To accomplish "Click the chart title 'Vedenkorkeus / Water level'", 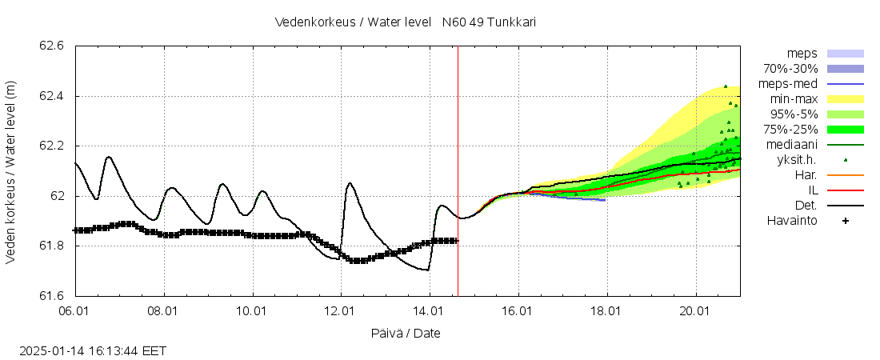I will click(x=353, y=22).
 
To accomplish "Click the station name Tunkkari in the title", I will click(x=509, y=22).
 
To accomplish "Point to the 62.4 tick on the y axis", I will click(x=52, y=97).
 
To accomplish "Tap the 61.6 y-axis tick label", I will click(x=52, y=296).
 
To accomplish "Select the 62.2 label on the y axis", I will click(x=52, y=146).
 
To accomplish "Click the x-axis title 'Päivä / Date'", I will click(x=405, y=333).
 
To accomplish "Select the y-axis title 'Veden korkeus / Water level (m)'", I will click(x=11, y=171).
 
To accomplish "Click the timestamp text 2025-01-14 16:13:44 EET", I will click(x=93, y=350).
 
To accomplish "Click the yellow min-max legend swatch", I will click(x=845, y=99).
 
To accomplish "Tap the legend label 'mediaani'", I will click(x=791, y=145).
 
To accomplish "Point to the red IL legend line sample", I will click(x=845, y=190).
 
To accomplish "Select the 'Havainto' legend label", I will click(x=792, y=221).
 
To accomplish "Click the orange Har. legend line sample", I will click(x=845, y=175).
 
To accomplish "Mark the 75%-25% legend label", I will click(x=789, y=130).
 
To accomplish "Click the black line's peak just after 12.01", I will click(x=350, y=183).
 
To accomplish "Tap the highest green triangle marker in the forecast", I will click(x=726, y=86).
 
